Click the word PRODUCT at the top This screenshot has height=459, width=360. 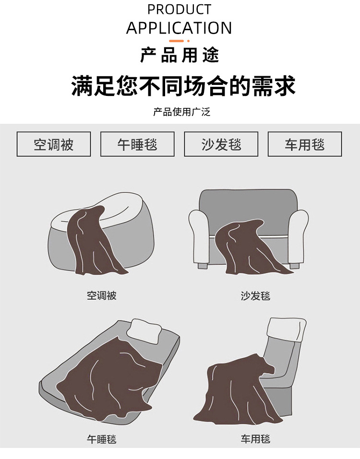click(x=179, y=9)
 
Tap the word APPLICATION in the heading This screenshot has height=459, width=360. click(x=179, y=28)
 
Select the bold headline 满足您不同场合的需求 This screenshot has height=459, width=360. click(x=183, y=86)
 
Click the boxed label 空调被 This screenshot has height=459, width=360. click(x=54, y=144)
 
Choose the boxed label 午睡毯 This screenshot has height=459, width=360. click(x=137, y=144)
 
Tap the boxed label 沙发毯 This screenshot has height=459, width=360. click(x=221, y=144)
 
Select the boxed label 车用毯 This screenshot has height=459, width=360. click(x=305, y=144)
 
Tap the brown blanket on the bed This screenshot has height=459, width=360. click(x=108, y=377)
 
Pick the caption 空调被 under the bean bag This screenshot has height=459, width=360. click(x=101, y=295)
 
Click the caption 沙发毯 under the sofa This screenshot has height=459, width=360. click(x=255, y=296)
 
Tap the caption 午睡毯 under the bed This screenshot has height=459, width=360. click(x=101, y=439)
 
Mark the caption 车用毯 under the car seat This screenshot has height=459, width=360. click(x=255, y=439)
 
